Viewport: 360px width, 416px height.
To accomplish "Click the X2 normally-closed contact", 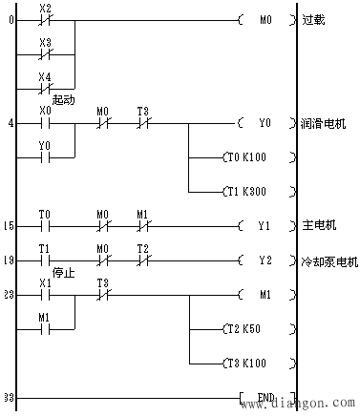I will tap(44, 19).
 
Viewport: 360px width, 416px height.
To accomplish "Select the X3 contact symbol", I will tap(44, 53).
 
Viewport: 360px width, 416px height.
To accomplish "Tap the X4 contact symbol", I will tap(44, 87).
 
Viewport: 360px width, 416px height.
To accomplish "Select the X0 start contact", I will tap(44, 123).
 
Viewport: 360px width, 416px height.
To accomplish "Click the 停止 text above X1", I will tap(63, 271).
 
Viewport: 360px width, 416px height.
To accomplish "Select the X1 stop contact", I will tap(44, 295).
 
